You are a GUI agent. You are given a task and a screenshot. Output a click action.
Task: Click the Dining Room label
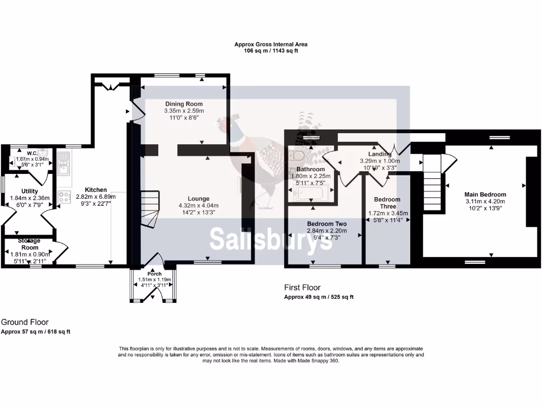[x=184, y=104]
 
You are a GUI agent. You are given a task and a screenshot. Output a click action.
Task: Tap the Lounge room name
[x=201, y=199]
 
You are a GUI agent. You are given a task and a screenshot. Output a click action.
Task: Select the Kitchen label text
[x=95, y=190]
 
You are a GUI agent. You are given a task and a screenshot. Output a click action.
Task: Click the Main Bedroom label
[x=485, y=195]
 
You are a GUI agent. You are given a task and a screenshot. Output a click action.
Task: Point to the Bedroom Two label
[x=327, y=224]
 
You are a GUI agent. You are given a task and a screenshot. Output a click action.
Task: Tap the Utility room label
[x=29, y=191]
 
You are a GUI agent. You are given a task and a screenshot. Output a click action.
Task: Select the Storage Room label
[x=30, y=244]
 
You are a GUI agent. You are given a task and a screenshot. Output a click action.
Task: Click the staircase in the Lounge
[x=149, y=208]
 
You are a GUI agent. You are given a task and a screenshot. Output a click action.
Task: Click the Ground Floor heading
[x=24, y=321]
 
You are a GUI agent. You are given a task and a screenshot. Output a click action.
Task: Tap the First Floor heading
[x=302, y=288]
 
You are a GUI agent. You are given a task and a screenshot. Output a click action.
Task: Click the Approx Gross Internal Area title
[x=270, y=44]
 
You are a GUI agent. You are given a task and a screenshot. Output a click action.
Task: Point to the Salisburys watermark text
[x=270, y=239]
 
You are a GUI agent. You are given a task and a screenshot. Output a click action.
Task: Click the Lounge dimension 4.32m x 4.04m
[x=201, y=206]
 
